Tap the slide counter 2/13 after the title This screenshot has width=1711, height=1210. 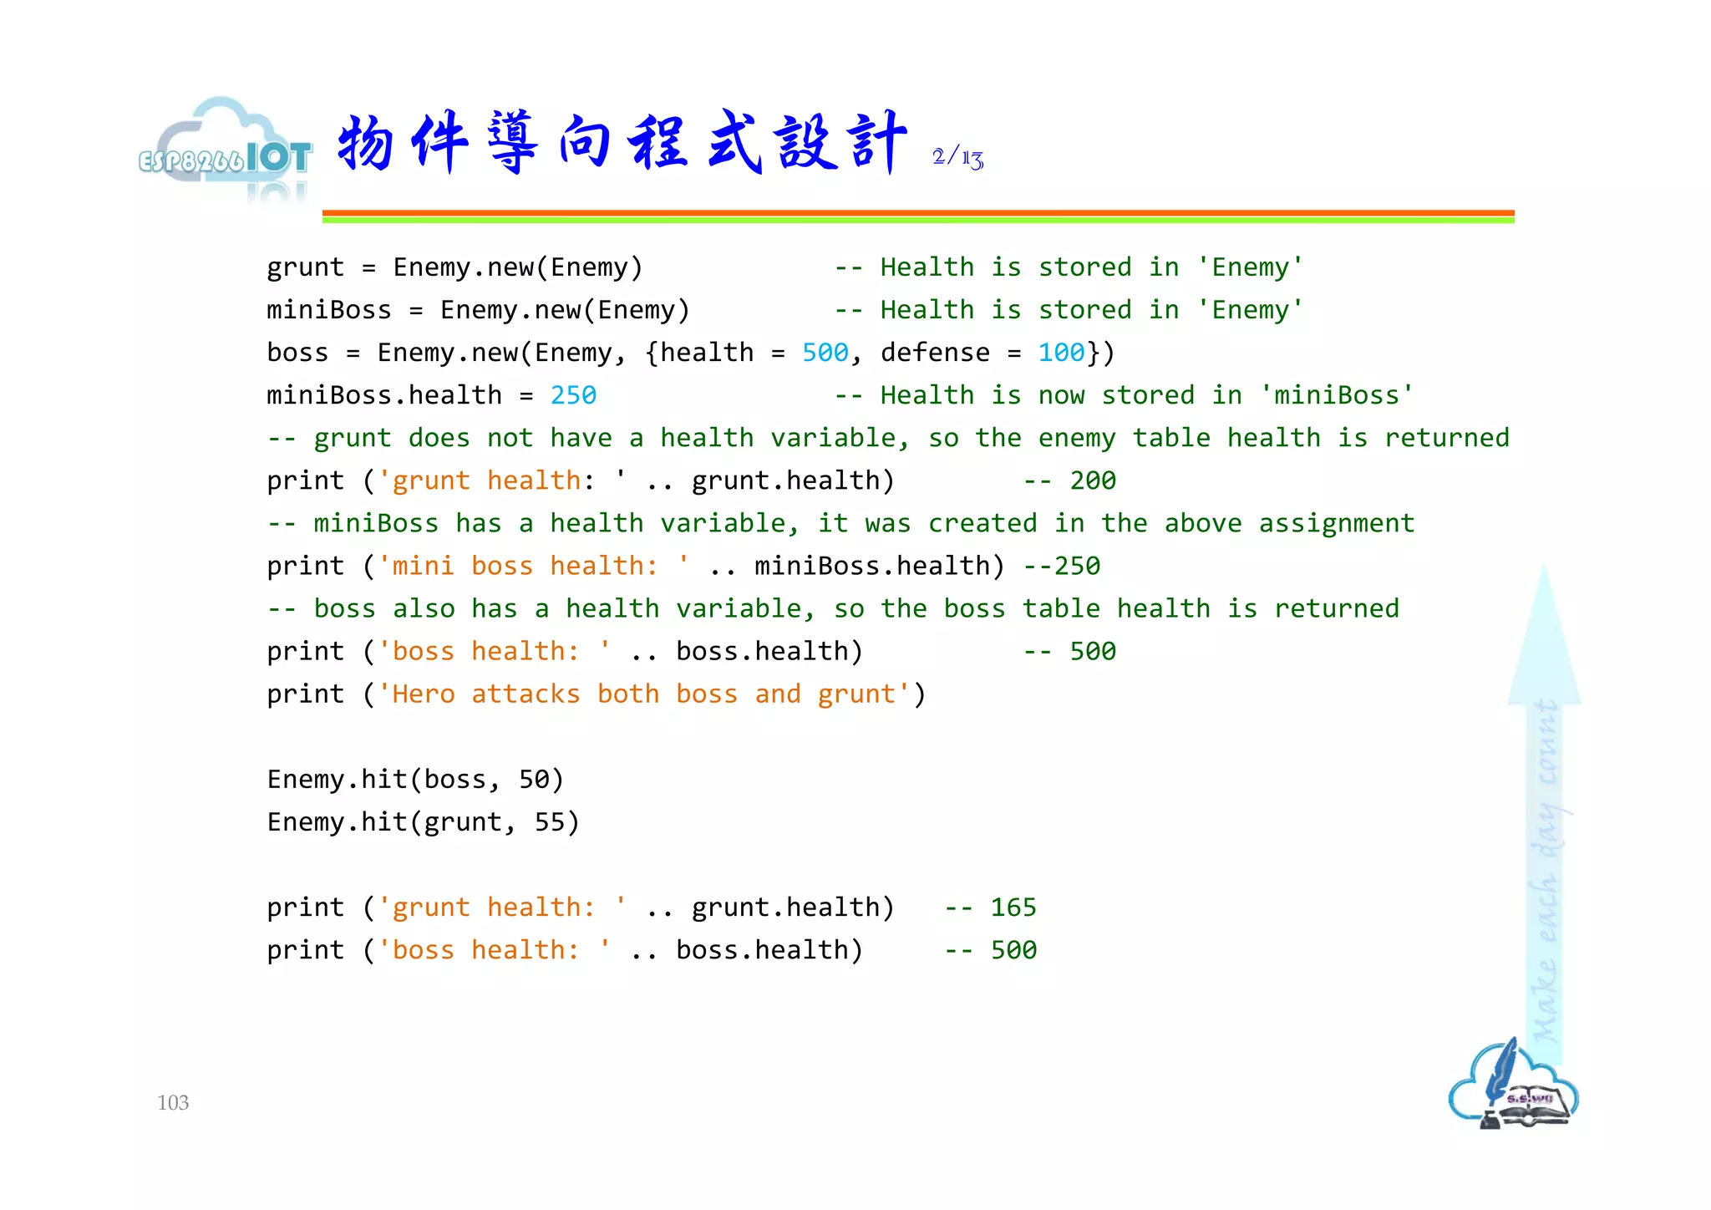[x=957, y=157]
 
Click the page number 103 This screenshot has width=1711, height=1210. [x=173, y=1103]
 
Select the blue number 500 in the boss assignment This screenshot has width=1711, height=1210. [x=825, y=353]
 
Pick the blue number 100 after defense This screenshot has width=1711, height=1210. [x=1061, y=353]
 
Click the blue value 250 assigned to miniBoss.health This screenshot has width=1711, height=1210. [x=573, y=395]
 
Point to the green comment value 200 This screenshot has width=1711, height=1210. [x=1093, y=480]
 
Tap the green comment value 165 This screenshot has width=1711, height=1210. [x=1013, y=907]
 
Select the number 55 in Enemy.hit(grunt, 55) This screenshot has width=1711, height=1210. [x=550, y=822]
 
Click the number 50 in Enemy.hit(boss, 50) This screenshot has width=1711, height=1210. [x=534, y=780]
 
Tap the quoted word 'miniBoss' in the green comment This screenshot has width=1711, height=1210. [x=1337, y=395]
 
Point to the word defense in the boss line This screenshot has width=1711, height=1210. [x=935, y=353]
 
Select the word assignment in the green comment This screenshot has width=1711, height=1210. [x=1337, y=523]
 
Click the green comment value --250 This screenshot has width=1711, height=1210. [x=1062, y=566]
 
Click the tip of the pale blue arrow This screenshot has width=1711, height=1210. [x=1544, y=572]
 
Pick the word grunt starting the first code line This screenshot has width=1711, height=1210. [x=305, y=267]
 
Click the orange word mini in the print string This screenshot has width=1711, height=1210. [x=423, y=566]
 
